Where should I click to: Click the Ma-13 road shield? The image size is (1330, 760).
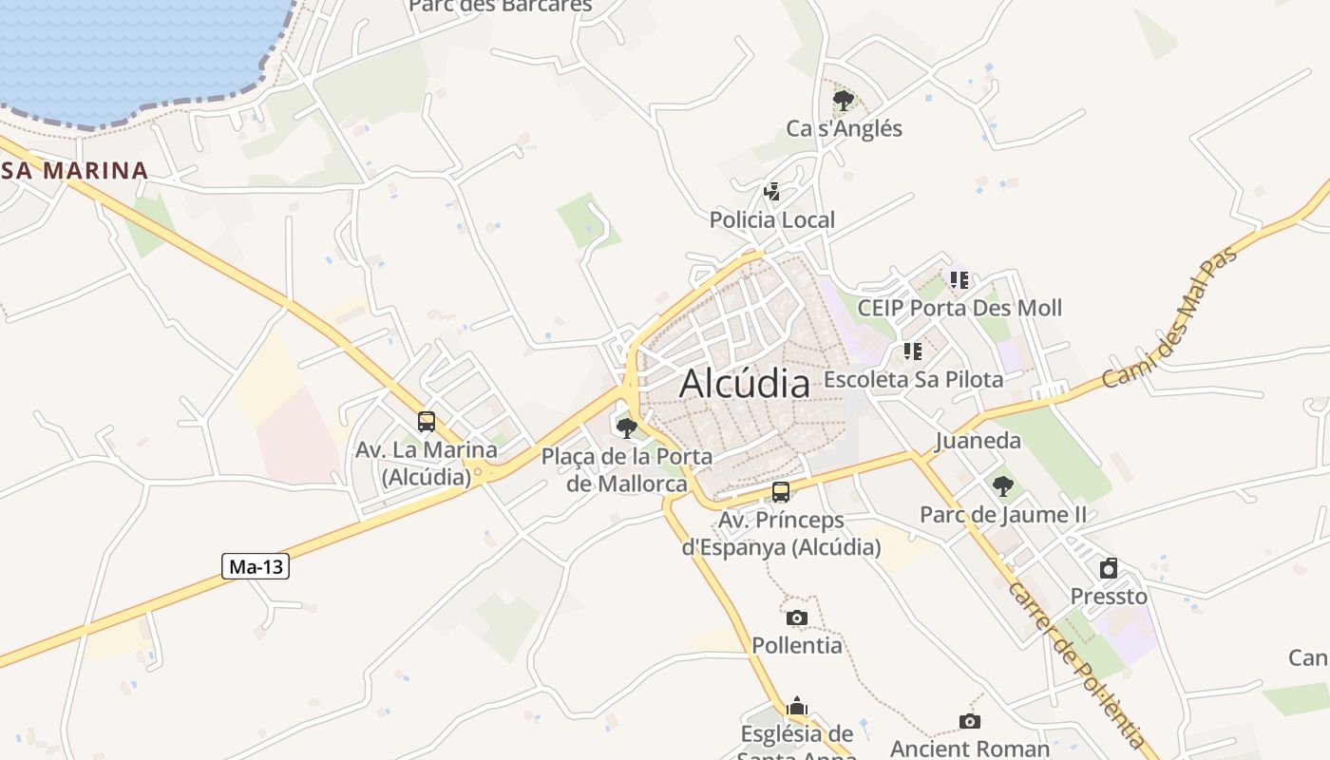pos(256,567)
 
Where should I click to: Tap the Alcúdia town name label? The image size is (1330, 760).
pos(745,384)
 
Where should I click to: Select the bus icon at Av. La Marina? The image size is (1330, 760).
pos(427,422)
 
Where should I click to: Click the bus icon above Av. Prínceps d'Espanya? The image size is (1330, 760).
pos(781,492)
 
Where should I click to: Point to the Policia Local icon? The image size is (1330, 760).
pos(771,193)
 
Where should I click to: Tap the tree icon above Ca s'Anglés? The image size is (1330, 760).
pos(842,100)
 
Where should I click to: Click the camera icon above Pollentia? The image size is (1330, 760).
pos(797,618)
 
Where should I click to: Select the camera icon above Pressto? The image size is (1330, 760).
pos(1109,569)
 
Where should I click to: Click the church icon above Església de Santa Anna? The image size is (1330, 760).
pos(797,706)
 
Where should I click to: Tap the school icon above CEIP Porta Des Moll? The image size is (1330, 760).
pos(959,280)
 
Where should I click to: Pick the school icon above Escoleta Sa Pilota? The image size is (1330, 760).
pos(913,351)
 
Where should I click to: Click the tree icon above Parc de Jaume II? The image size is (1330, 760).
pos(1002,487)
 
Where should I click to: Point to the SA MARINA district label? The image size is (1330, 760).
pos(74,171)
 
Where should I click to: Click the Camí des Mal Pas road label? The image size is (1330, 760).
pos(1171,317)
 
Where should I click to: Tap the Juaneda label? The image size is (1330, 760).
pos(978,441)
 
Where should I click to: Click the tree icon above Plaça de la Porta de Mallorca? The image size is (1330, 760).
pos(626,428)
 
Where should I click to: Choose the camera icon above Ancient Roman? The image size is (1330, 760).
pos(969,722)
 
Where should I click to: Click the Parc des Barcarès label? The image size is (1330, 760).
pos(500,6)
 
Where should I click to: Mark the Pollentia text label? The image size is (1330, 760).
pos(797,646)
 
